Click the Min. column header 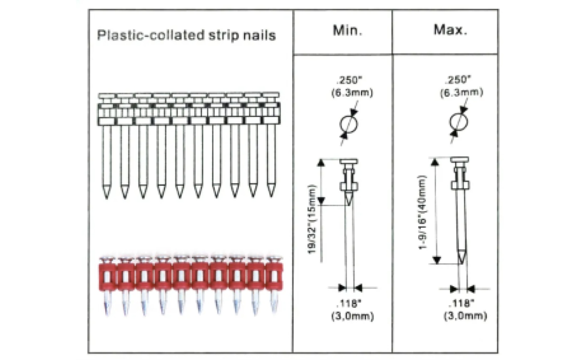tap(347, 31)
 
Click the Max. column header tap(450, 30)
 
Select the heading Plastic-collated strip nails tap(186, 35)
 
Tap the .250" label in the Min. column tap(350, 80)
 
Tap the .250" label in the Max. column tap(458, 80)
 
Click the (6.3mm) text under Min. tap(352, 93)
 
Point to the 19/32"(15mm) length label tap(312, 219)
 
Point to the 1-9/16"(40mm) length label tap(422, 212)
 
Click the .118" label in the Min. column tap(349, 304)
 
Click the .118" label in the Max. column tap(461, 303)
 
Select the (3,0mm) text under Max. tap(465, 316)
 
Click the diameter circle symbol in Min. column tap(349, 124)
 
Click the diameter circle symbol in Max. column tap(459, 122)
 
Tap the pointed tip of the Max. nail tap(462, 263)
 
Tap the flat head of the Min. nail tap(349, 161)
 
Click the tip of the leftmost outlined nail tap(107, 198)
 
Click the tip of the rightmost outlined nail tap(271, 197)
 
